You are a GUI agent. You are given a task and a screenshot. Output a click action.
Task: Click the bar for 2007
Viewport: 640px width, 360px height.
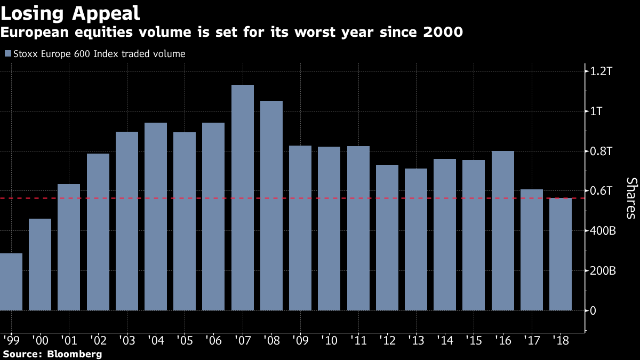[x=243, y=197]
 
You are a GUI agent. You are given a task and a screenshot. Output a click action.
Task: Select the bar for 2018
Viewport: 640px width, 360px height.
[x=561, y=254]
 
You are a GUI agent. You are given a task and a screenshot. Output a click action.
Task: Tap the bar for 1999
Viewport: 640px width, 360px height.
[x=11, y=282]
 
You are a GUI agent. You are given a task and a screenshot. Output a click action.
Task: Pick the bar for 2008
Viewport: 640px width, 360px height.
[x=271, y=205]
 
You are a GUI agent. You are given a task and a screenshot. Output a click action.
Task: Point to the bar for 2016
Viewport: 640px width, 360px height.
[x=502, y=230]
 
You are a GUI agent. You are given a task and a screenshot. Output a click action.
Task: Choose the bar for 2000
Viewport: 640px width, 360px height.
[x=40, y=265]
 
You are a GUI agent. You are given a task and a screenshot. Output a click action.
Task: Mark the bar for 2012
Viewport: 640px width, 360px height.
[x=387, y=237]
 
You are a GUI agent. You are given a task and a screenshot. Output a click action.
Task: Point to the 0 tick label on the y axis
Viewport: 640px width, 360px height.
[x=593, y=311]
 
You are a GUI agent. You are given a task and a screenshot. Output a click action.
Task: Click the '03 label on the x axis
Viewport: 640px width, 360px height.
[x=126, y=340]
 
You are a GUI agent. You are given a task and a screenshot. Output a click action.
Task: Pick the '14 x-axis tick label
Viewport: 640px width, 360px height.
[x=445, y=340]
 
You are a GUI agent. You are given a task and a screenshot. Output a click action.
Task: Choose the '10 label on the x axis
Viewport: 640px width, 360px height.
[x=329, y=340]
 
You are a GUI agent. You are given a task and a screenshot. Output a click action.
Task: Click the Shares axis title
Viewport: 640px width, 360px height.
[x=630, y=198]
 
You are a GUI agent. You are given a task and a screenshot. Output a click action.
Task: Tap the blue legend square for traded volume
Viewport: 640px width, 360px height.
[x=7, y=54]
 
